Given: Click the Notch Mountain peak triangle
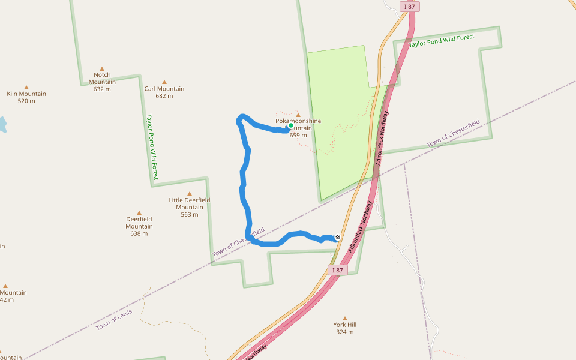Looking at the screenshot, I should (x=102, y=69).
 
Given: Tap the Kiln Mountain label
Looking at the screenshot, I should (x=26, y=94).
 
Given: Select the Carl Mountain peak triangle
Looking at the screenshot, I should (x=164, y=82).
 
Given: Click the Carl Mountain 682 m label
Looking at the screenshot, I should (x=164, y=92).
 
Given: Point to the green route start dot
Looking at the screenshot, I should (x=291, y=126).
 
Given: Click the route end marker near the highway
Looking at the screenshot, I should (x=338, y=238).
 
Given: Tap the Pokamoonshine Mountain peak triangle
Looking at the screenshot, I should (x=298, y=115).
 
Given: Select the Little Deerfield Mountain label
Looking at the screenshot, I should (x=190, y=204).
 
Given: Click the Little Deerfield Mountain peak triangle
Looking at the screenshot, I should (x=190, y=194).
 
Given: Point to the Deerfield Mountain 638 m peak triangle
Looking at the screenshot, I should (x=139, y=213).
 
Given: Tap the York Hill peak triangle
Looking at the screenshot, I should (x=345, y=318).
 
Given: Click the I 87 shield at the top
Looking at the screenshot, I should (x=410, y=6).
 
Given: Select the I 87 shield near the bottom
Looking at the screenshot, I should (x=338, y=270).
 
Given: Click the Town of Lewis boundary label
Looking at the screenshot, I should (x=115, y=316).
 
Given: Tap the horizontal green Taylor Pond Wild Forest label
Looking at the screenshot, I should (x=442, y=41).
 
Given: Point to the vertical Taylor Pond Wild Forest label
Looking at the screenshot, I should (x=152, y=147).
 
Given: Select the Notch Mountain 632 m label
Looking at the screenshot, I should (x=102, y=82).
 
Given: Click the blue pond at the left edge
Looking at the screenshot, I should (x=2, y=125).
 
